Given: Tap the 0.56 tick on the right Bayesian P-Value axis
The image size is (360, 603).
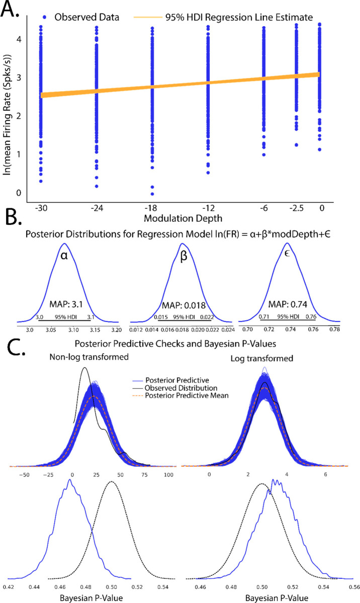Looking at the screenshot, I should tap(353, 586).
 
